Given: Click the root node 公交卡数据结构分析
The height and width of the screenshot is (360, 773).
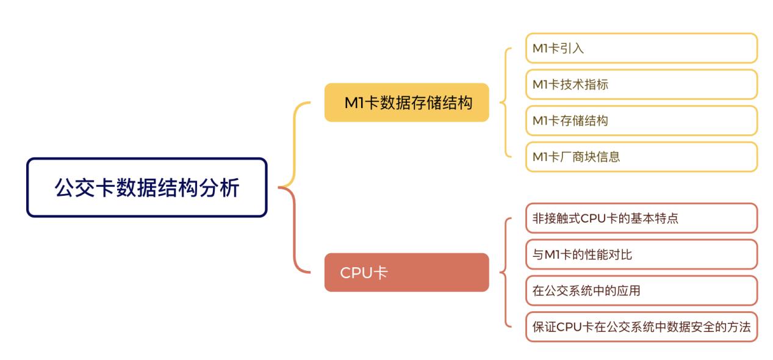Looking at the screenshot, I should coord(147,187).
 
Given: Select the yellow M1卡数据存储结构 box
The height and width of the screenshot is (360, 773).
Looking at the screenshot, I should coord(406,103).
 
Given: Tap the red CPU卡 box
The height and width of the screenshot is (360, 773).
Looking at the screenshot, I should coord(406,272).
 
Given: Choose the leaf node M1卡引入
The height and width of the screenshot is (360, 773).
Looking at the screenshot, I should coord(641,48).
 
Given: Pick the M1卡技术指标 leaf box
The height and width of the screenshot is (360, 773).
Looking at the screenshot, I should coord(641,84).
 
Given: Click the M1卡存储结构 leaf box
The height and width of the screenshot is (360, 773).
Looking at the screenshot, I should coord(641,121).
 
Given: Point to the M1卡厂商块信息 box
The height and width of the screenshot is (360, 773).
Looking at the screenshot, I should coord(641,157).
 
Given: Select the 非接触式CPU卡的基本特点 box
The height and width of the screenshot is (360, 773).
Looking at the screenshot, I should coord(641,218).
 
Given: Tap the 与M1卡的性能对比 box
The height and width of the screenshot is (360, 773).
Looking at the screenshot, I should coord(641,254).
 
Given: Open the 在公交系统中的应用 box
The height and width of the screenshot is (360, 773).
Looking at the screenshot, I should coord(641,290).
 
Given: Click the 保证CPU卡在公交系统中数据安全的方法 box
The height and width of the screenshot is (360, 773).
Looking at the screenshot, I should coord(641,326).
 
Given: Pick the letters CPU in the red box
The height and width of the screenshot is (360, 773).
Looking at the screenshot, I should coord(356,273).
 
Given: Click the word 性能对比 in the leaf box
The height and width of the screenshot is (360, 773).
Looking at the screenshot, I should coord(602,254).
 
